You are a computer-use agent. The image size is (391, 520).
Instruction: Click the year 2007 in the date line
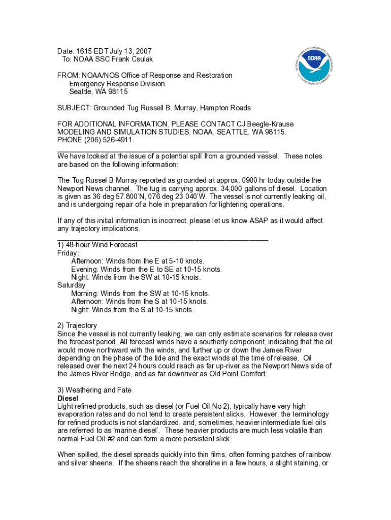143,51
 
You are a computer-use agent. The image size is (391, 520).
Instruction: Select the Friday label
68,253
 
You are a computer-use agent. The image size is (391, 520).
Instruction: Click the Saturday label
72,285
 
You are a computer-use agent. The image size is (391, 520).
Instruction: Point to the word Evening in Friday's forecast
85,269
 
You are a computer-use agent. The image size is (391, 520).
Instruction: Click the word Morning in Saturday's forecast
85,294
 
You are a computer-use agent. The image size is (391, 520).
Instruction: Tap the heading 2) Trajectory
77,326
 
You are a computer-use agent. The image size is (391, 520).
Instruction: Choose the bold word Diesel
68,399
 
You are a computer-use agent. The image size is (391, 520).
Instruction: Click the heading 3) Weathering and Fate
94,390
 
